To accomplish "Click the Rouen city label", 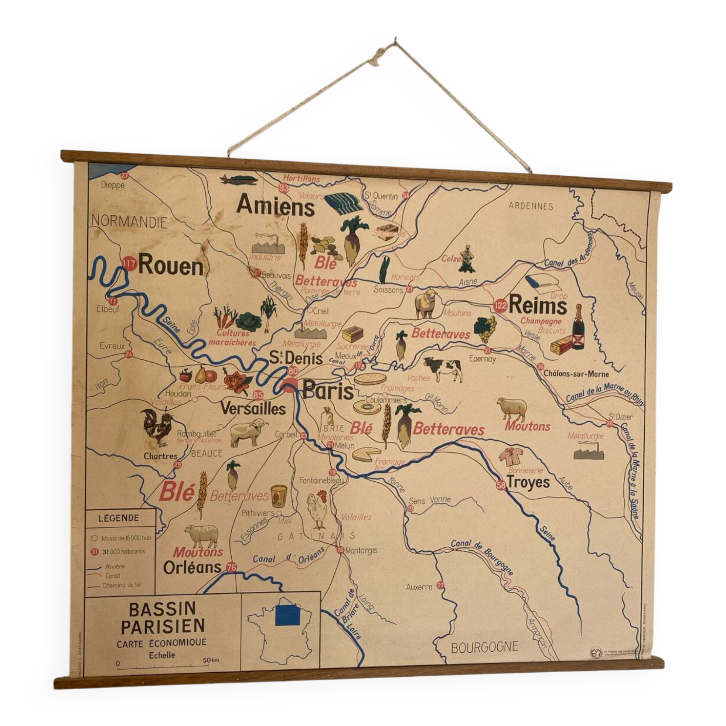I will pyautogui.click(x=171, y=266).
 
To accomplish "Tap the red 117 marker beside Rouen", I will pyautogui.click(x=129, y=264).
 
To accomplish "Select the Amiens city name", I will pyautogui.click(x=276, y=206).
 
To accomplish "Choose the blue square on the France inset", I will pyautogui.click(x=287, y=616).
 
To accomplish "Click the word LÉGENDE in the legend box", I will pyautogui.click(x=118, y=518).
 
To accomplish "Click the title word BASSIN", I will pyautogui.click(x=162, y=609).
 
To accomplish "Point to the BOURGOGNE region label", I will pyautogui.click(x=484, y=647).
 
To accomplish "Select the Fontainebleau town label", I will pyautogui.click(x=322, y=480).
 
